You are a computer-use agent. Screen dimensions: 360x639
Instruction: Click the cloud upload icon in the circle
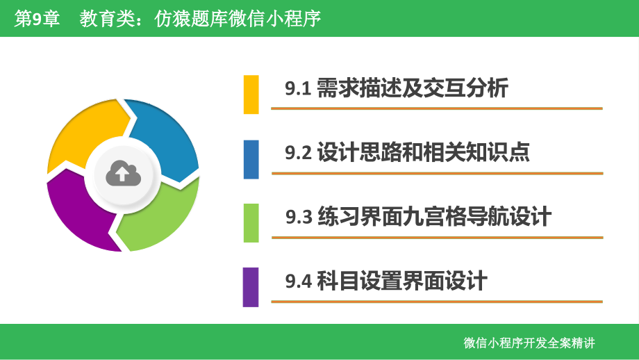[x=123, y=174]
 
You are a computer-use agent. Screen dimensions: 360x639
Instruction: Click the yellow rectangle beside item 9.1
[x=251, y=94]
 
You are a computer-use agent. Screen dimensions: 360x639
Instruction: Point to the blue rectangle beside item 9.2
[x=251, y=159]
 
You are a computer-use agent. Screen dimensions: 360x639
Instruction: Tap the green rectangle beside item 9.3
[x=251, y=222]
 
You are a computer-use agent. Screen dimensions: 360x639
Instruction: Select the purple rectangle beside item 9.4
[x=251, y=286]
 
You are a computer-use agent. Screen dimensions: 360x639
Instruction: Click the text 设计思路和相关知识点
[x=423, y=152]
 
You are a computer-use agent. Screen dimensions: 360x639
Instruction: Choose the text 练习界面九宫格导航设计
[x=433, y=216]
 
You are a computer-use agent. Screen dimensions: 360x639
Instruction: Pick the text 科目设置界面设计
[x=401, y=281]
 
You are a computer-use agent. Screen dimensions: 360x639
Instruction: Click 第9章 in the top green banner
[x=37, y=19]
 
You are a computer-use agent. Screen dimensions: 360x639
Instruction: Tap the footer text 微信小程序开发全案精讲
[x=529, y=343]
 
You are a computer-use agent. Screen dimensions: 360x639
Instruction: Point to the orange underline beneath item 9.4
[x=437, y=302]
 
